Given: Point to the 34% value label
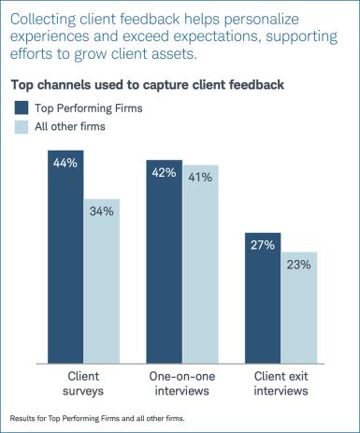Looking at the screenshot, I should [x=101, y=211].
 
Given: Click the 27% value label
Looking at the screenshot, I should [x=263, y=244].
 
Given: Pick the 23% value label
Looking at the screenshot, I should [x=299, y=264].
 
